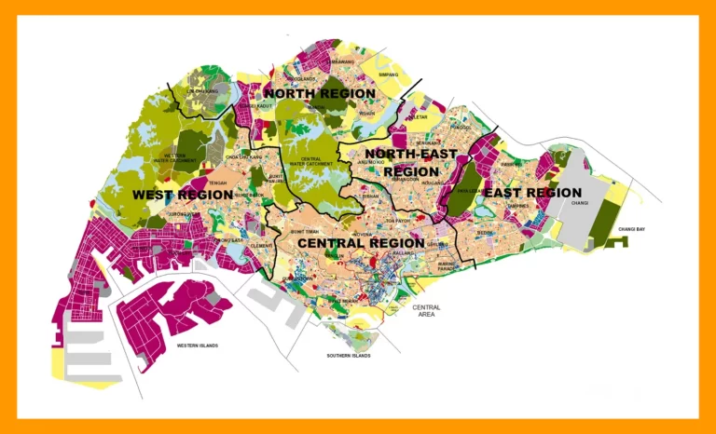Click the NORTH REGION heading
[320, 93]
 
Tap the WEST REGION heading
[182, 195]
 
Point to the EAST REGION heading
[533, 193]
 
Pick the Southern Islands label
[349, 356]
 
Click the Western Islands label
[197, 346]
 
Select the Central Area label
[426, 310]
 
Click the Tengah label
[217, 183]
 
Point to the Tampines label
[518, 207]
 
